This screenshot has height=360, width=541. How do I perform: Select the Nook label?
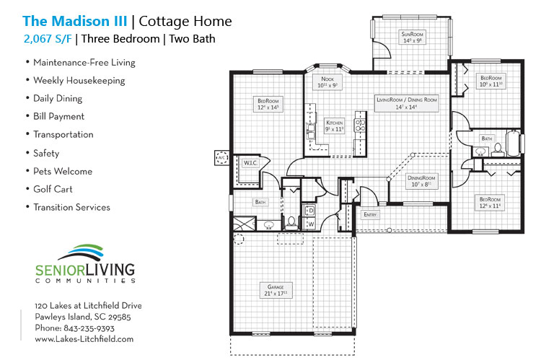click(x=327, y=82)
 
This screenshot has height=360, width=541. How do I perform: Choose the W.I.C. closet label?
click(x=250, y=163)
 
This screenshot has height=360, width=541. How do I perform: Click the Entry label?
click(x=369, y=214)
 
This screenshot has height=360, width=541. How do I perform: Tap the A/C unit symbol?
click(x=222, y=158)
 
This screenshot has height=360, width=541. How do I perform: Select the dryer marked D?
click(x=311, y=211)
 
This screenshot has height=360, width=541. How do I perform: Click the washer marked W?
click(x=311, y=224)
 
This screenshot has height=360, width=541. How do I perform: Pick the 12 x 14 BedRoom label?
click(x=268, y=104)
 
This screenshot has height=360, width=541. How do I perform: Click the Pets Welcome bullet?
click(x=63, y=171)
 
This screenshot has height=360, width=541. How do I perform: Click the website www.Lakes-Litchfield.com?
click(x=84, y=338)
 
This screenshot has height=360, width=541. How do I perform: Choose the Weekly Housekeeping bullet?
click(x=79, y=80)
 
